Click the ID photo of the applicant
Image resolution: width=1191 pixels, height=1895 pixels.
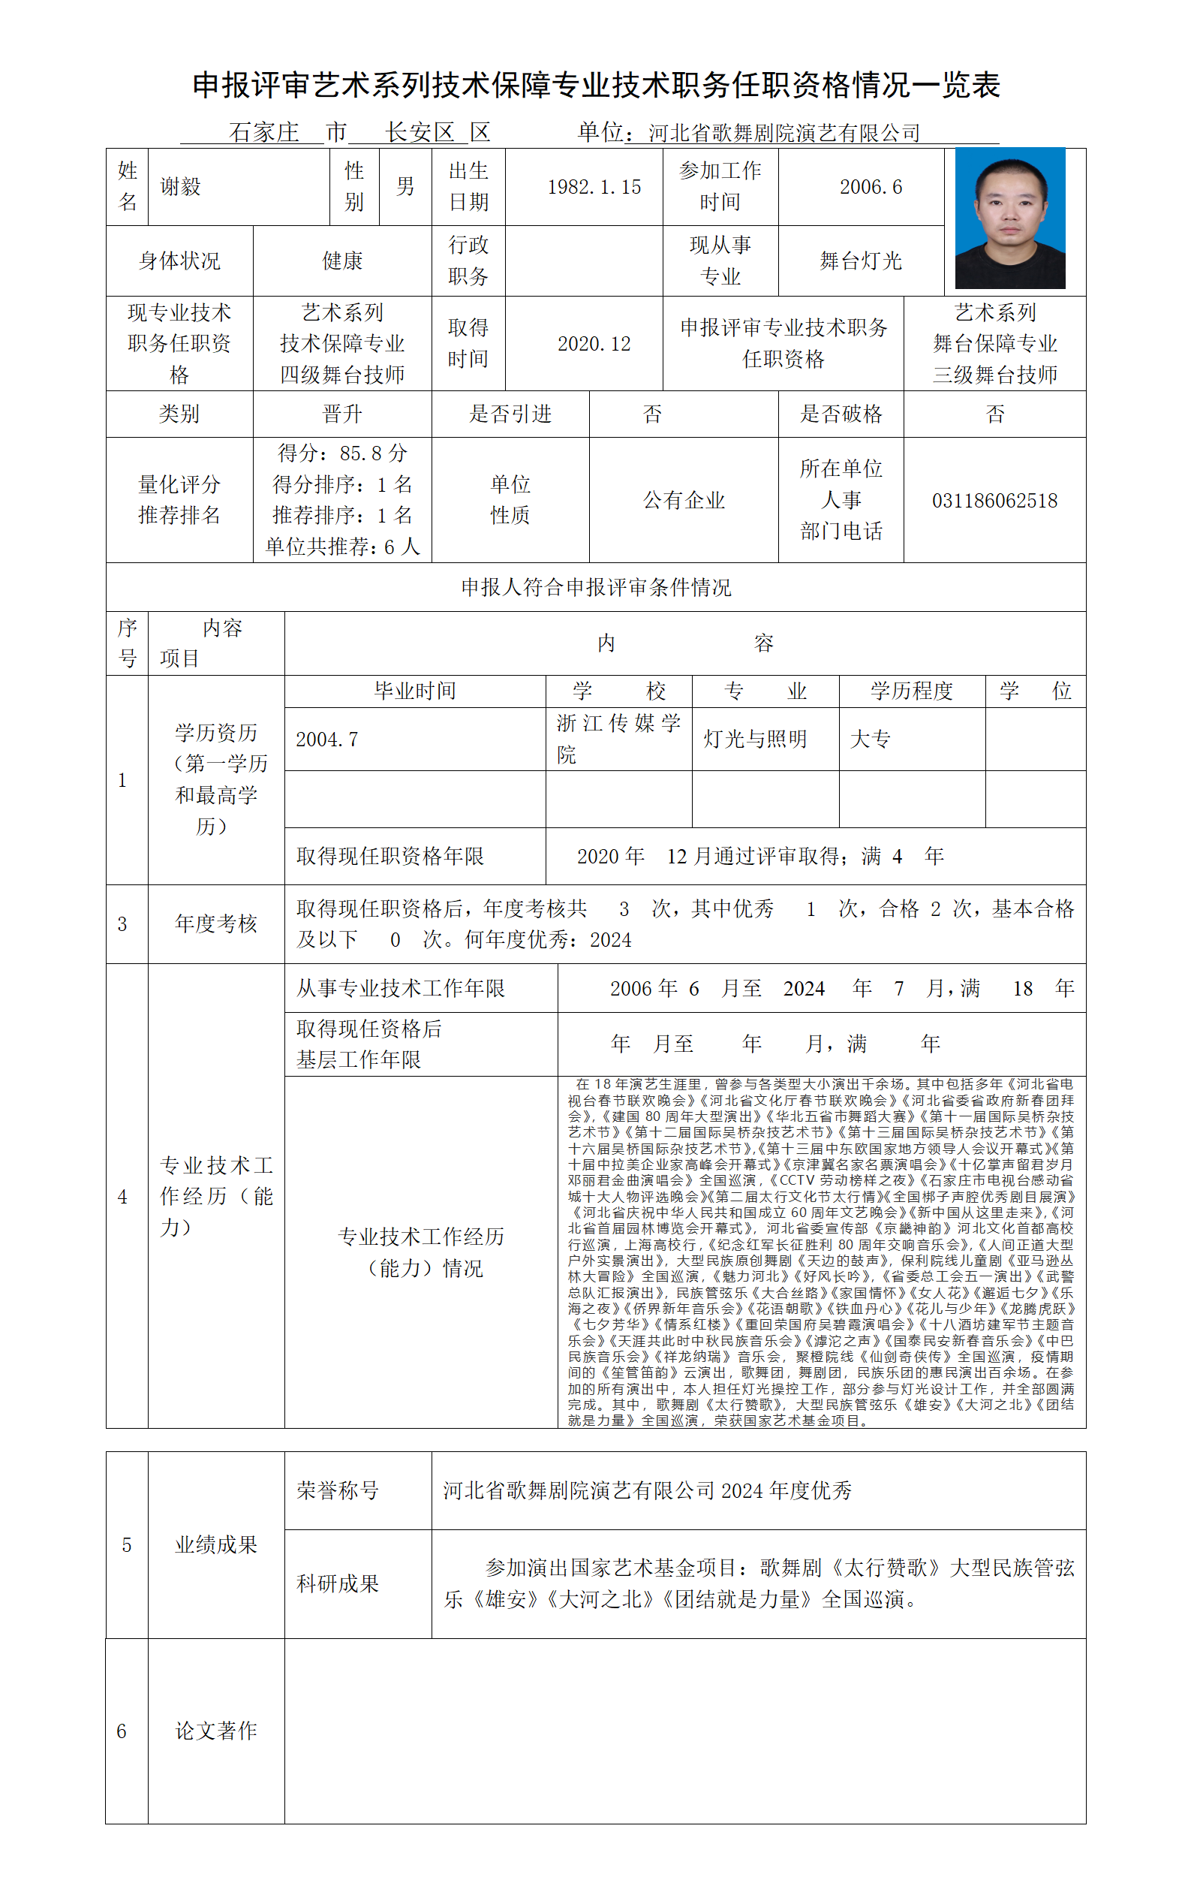coord(1009,218)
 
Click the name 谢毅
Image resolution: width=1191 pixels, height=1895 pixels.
coord(180,186)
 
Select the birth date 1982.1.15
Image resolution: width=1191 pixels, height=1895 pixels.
coord(594,187)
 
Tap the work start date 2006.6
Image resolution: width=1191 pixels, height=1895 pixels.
coord(870,187)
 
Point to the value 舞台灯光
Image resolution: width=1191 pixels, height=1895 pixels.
coord(860,261)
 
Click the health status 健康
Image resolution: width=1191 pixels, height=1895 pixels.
coord(342,261)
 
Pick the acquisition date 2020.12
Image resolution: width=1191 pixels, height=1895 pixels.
coord(594,344)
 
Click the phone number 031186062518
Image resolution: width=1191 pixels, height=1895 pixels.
coord(994,501)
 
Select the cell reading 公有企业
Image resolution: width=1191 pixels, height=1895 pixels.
coord(683,501)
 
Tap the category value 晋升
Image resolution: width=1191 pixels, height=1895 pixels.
coord(342,414)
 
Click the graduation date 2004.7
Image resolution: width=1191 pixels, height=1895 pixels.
coord(326,739)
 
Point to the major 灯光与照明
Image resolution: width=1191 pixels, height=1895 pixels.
coord(754,739)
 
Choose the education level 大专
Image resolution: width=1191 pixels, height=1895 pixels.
coord(870,739)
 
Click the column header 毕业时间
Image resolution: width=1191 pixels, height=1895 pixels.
coord(414,691)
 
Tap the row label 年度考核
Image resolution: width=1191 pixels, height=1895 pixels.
coord(215,923)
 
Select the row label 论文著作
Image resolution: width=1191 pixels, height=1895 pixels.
coord(215,1731)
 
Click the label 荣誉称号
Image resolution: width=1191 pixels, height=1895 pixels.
coord(338,1490)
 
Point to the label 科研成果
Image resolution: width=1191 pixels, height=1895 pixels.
coord(338,1583)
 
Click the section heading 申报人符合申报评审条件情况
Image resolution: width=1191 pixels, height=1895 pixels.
coord(596,587)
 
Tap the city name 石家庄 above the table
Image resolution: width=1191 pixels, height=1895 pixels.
coord(263,132)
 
